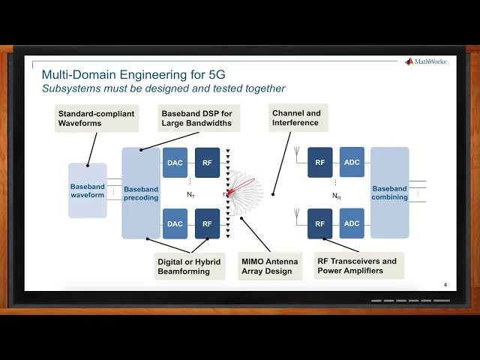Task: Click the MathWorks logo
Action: (425, 61)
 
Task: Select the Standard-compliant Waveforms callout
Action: (96, 118)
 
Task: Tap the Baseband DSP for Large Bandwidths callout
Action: (197, 118)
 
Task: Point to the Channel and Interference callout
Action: (297, 118)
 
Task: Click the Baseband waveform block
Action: (87, 190)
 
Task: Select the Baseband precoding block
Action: (141, 193)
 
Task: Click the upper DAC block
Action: (175, 163)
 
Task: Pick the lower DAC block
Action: (175, 223)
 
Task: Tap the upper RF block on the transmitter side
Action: (207, 163)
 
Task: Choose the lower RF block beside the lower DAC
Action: (207, 223)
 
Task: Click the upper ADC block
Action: (352, 162)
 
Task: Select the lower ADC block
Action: (352, 223)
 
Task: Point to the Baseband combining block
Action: (389, 193)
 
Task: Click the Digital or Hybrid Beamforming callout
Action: (190, 265)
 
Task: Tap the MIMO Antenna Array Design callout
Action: (269, 265)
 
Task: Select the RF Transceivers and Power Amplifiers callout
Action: (357, 265)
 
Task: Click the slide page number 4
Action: (445, 284)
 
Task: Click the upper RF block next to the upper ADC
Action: (319, 162)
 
